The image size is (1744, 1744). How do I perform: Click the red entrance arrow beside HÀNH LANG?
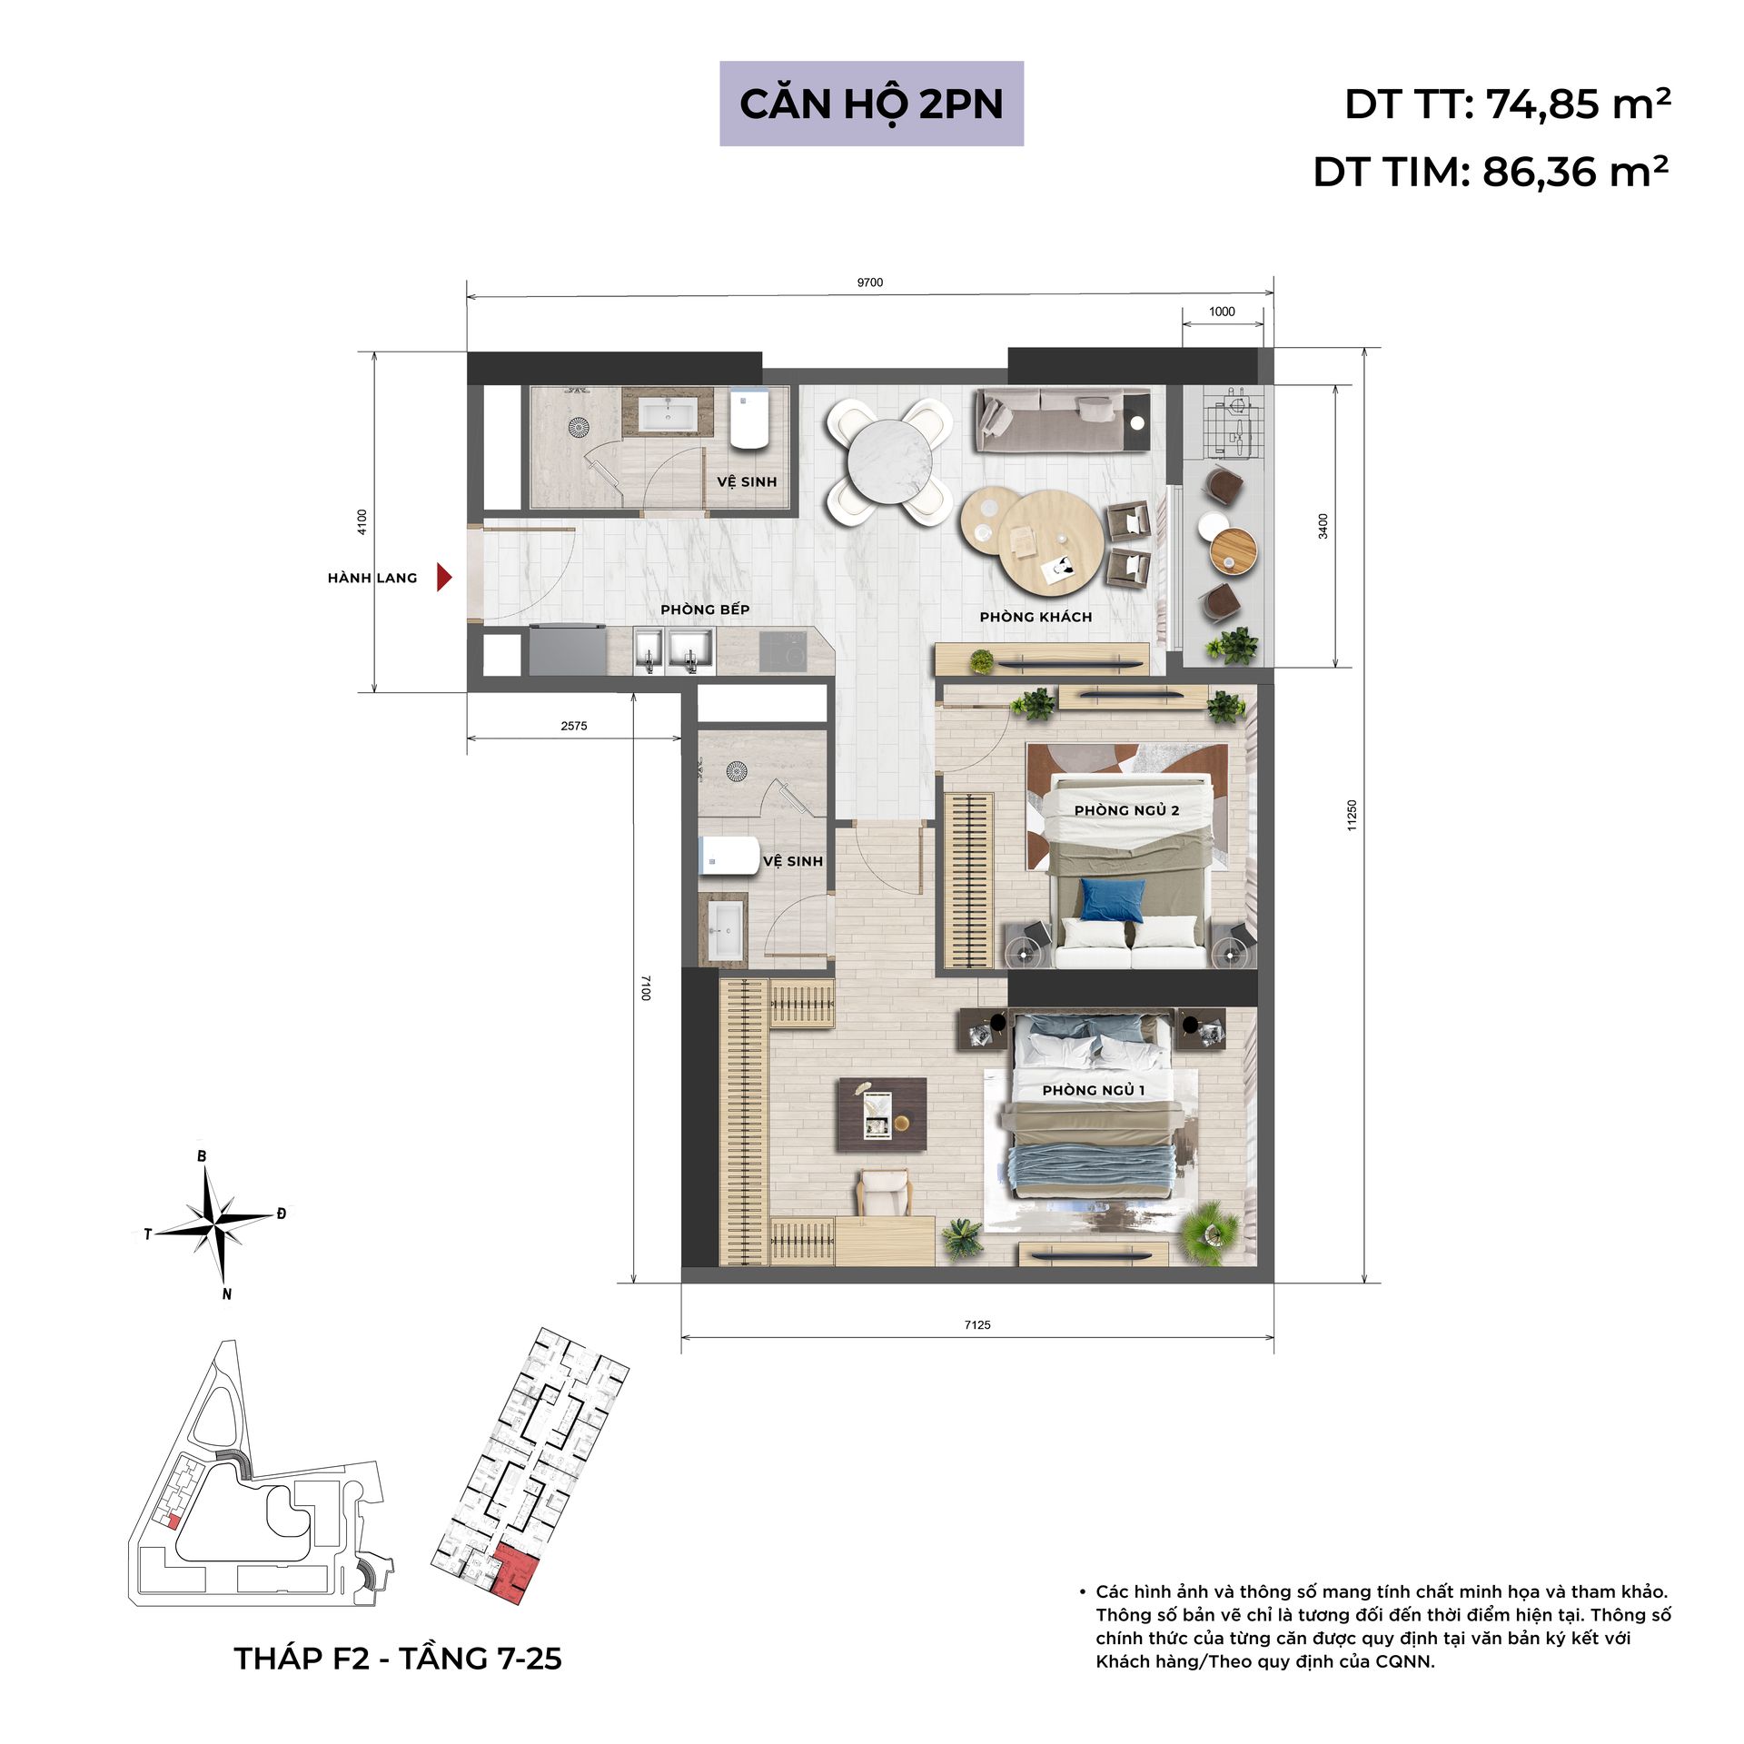[443, 577]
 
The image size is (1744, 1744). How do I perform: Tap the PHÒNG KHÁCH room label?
[1035, 617]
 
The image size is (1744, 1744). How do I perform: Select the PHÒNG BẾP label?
[705, 609]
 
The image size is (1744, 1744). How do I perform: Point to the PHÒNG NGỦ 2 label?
[1126, 810]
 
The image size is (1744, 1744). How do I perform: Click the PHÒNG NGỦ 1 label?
[1094, 1090]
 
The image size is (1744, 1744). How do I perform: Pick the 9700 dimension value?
[870, 282]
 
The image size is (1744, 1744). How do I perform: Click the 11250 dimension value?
[1352, 815]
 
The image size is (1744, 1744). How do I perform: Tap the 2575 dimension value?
[574, 726]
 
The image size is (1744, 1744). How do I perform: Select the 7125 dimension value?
[977, 1325]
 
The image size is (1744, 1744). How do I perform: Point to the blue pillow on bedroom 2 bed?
[1112, 900]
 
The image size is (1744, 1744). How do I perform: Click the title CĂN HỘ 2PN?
[871, 104]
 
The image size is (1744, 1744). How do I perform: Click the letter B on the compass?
[202, 1156]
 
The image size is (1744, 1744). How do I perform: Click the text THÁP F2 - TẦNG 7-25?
[398, 1659]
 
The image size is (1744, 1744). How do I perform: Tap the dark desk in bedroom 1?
[882, 1114]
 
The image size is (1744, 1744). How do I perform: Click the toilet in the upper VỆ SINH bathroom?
[750, 419]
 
